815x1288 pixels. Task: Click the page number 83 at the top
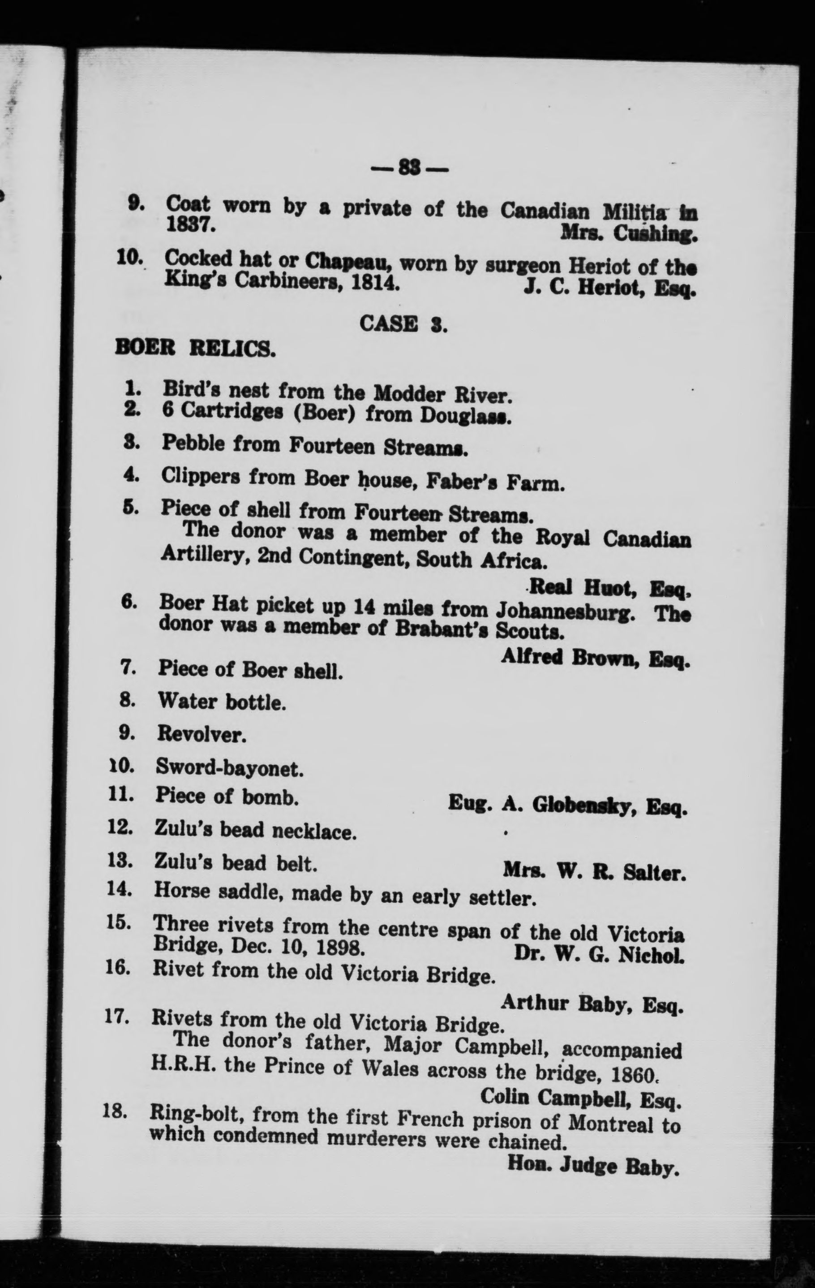(x=409, y=169)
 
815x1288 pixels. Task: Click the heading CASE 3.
(x=403, y=323)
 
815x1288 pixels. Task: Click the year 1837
(x=190, y=224)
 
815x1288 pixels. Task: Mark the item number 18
(x=115, y=1111)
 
